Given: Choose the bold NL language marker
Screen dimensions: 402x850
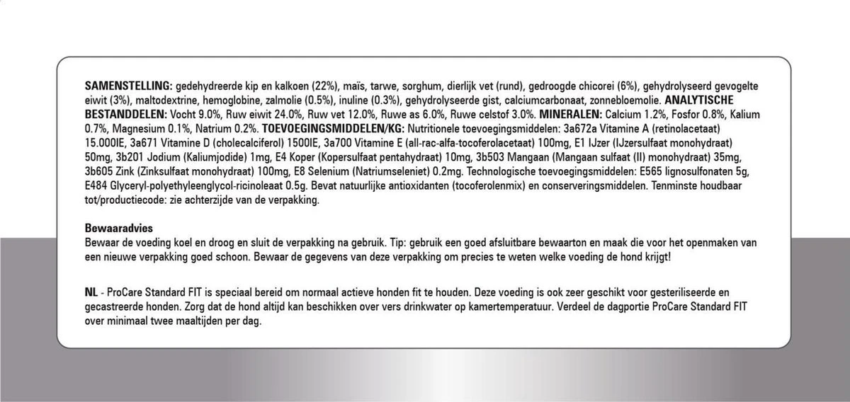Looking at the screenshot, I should (x=90, y=292).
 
